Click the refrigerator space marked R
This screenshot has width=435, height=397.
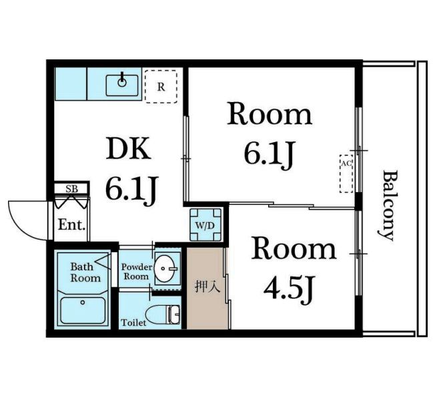(x=161, y=87)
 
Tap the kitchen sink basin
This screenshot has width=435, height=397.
(x=122, y=85)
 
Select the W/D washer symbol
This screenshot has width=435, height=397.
(x=205, y=225)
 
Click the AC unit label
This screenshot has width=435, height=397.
(x=346, y=163)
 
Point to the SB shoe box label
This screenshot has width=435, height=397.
(x=72, y=189)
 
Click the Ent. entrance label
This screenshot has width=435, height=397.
(x=71, y=225)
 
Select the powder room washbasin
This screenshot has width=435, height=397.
(x=165, y=268)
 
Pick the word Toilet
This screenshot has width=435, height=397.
(x=133, y=323)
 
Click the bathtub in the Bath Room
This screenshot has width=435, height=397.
(x=83, y=310)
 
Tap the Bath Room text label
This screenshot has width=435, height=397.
(x=85, y=272)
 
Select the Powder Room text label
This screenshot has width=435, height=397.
(x=137, y=272)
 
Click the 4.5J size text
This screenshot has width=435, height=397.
(x=288, y=289)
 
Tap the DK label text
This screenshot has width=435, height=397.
(x=129, y=148)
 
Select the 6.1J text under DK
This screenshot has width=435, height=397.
(x=131, y=189)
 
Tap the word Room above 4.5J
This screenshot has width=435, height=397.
(x=294, y=249)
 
